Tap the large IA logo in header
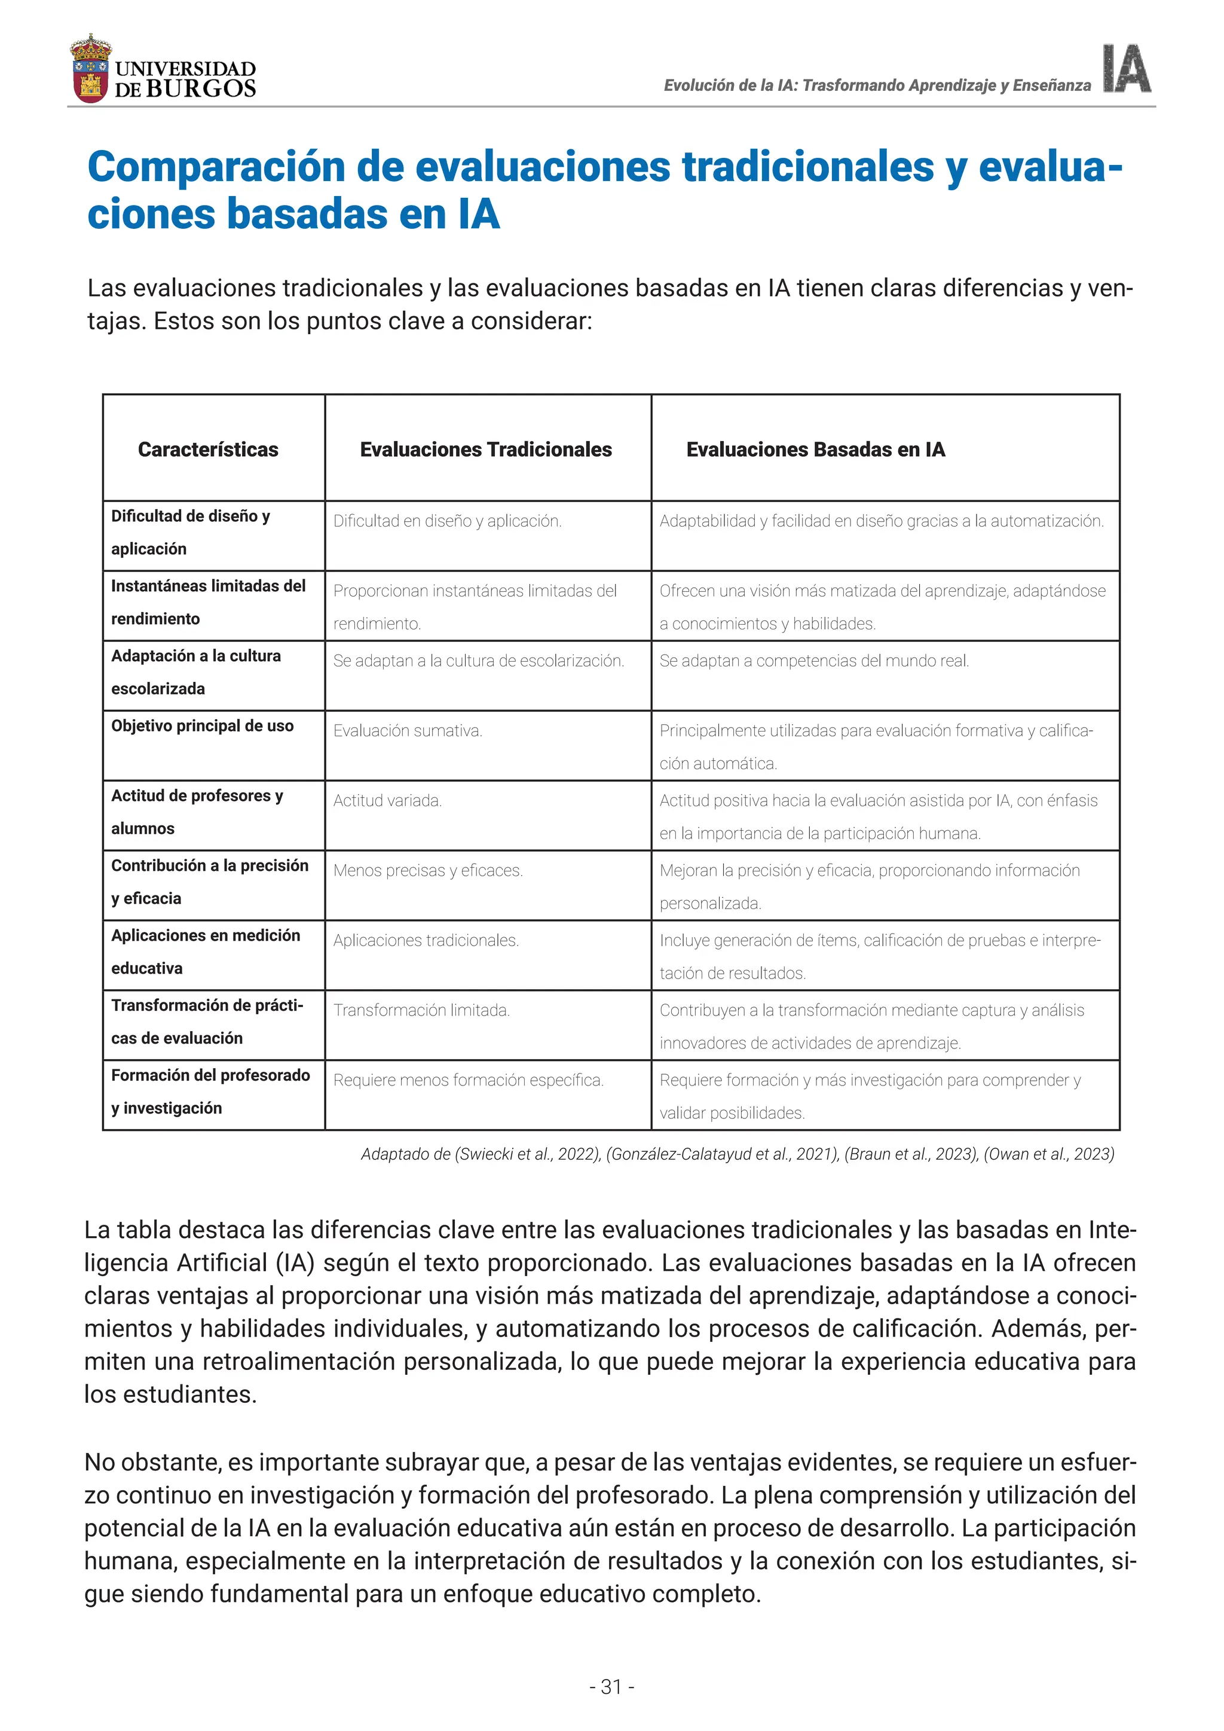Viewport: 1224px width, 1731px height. tap(1126, 69)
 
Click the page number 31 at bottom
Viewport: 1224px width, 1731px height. tap(611, 1687)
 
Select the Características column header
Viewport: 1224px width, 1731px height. tap(208, 449)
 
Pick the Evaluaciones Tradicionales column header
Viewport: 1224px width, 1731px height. tap(485, 449)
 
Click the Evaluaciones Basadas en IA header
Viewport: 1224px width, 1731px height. tap(815, 449)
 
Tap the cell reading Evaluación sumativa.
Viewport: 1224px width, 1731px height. tap(408, 730)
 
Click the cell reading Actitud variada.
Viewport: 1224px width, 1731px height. tap(387, 801)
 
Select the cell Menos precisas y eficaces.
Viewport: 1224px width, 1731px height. tap(428, 871)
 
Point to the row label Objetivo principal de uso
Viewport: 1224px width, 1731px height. tap(202, 726)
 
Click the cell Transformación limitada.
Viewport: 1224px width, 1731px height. tap(421, 1010)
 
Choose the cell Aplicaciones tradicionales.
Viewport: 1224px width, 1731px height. tap(426, 940)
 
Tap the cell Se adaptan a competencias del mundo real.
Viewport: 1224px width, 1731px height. tap(814, 661)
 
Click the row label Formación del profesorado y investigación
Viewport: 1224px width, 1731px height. tap(210, 1091)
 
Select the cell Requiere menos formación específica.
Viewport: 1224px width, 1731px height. tap(468, 1080)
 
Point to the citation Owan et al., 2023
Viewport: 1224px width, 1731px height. tap(1048, 1154)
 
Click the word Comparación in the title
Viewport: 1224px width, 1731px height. tap(216, 167)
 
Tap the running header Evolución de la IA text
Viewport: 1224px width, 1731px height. tap(877, 85)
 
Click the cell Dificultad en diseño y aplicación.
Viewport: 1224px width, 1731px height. tap(447, 521)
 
